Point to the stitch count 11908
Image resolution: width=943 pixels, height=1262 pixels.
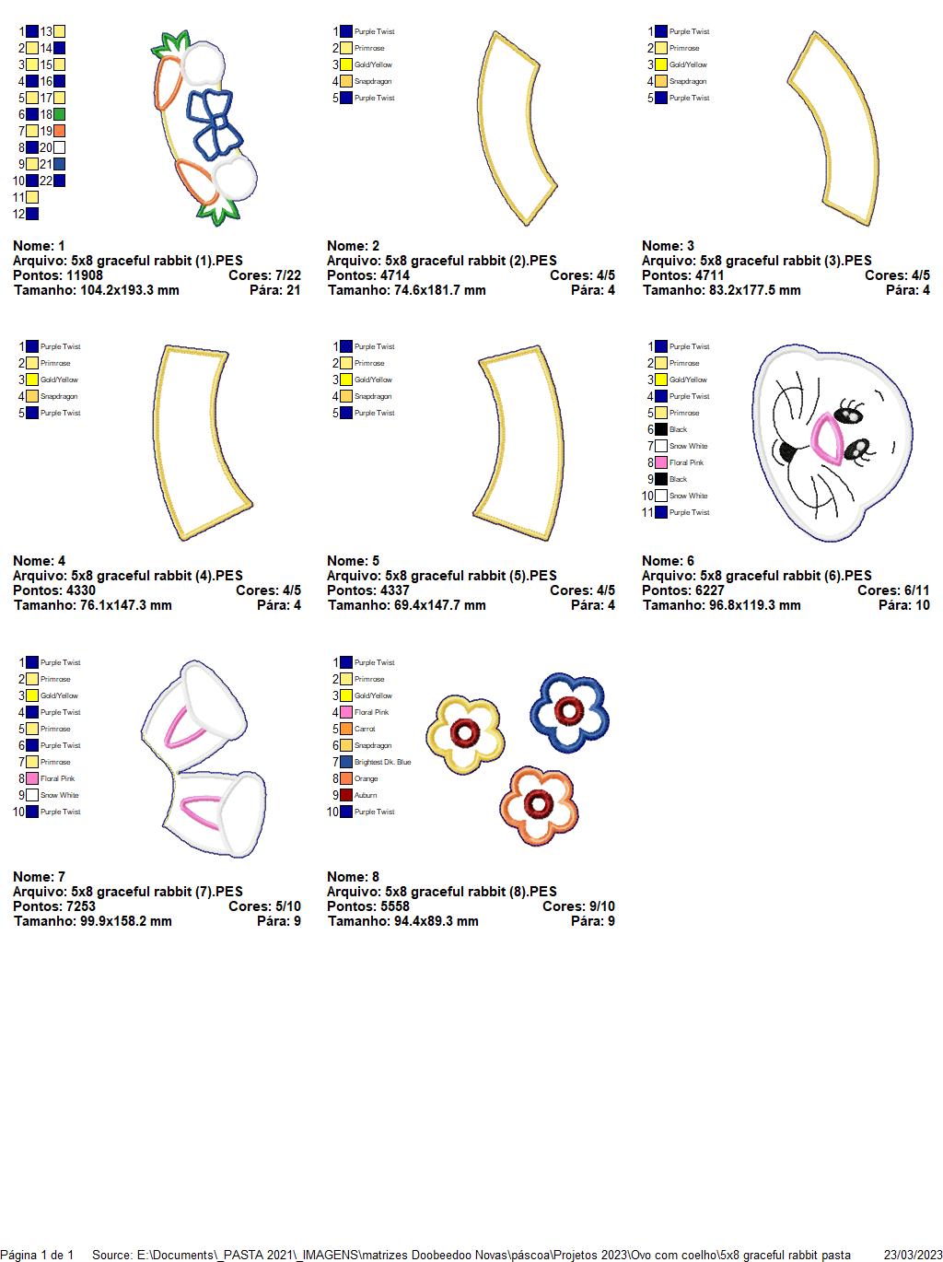(85, 275)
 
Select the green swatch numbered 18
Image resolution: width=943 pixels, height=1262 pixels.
(59, 114)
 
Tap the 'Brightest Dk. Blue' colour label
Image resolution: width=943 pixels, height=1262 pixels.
(382, 762)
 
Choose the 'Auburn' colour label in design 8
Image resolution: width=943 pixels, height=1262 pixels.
(366, 795)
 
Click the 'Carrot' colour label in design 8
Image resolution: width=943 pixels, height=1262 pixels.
(365, 729)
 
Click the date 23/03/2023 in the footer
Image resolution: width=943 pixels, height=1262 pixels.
(913, 1255)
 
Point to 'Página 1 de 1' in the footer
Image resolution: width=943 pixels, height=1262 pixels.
(37, 1255)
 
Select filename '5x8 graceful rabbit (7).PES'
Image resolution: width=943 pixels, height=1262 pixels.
(157, 892)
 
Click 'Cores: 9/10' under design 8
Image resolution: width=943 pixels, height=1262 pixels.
(578, 906)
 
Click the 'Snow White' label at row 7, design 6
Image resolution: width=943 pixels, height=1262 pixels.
(688, 446)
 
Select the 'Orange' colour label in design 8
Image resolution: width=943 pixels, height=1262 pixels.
(366, 778)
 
